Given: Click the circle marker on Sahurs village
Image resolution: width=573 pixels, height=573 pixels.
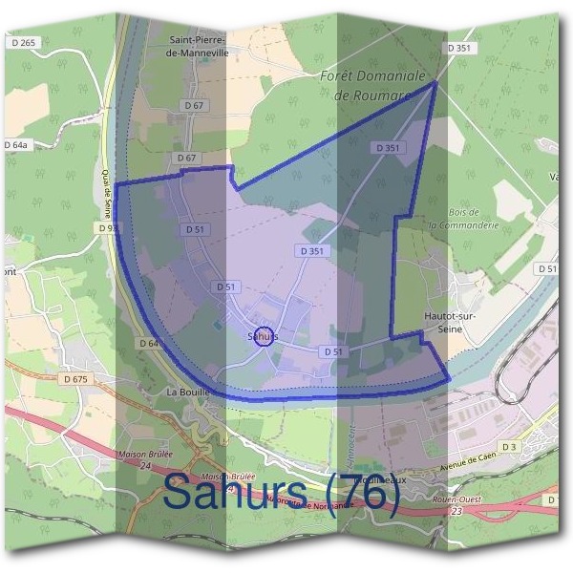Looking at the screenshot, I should (265, 336).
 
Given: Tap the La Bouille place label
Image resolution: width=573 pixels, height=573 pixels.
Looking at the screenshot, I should (186, 392).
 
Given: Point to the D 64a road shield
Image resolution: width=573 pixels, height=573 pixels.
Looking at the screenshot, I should (16, 144).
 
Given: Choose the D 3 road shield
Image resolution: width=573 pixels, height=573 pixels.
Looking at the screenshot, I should (508, 447).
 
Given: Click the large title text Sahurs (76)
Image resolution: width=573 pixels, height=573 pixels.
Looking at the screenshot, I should (281, 494).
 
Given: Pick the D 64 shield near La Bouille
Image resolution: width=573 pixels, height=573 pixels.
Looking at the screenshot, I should (147, 342).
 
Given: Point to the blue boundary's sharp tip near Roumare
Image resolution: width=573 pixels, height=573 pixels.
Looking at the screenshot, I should (435, 82).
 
